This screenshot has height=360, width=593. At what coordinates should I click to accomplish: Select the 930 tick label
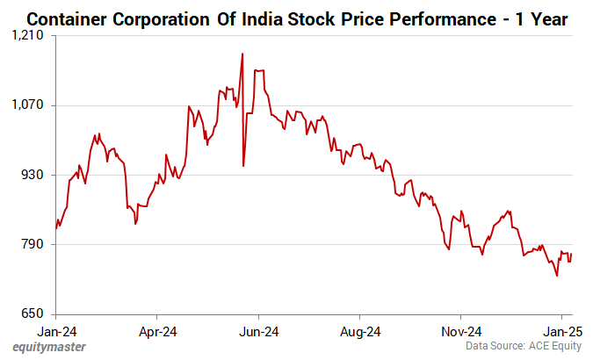coord(35,175)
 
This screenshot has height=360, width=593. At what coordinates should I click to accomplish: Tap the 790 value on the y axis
coord(35,244)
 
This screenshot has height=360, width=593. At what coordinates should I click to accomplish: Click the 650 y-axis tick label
coord(35,313)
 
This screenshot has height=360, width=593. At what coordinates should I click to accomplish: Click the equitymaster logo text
coord(49,348)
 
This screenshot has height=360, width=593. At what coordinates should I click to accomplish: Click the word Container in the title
coord(70,17)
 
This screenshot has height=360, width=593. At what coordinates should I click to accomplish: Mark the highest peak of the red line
coord(242,54)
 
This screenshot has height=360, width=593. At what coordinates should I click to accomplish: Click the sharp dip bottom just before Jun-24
coord(243,165)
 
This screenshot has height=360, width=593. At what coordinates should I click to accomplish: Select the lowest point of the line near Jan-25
coord(557,276)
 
